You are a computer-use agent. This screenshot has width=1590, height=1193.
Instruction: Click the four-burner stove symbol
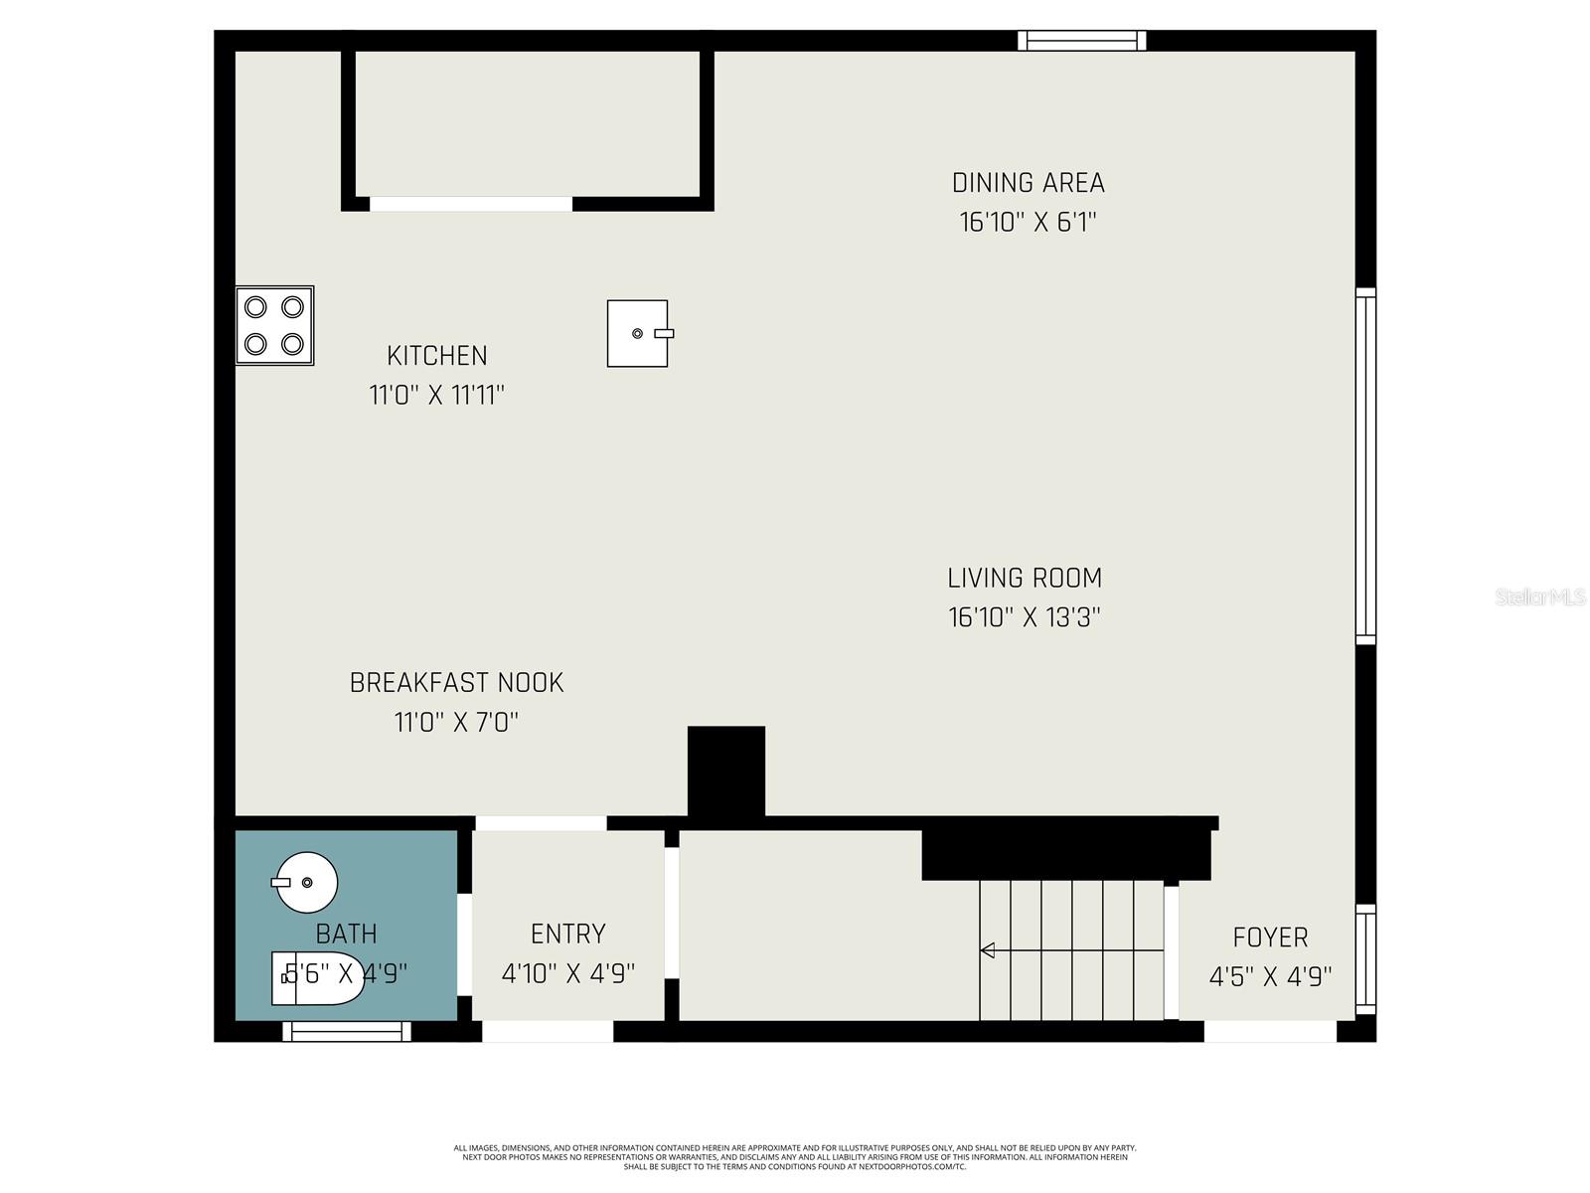274,326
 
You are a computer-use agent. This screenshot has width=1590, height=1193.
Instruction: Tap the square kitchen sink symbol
638,334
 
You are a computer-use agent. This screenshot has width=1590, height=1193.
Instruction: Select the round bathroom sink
307,882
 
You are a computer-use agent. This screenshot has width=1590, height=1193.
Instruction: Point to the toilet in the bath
317,978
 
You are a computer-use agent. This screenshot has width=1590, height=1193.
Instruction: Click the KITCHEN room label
437,356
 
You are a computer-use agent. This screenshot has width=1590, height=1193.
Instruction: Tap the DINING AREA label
1028,183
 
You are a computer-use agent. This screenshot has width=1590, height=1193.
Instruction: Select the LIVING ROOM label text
1025,578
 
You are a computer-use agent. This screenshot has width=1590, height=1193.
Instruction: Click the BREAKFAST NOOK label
456,683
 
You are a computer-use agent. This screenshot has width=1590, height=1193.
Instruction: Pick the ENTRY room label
567,935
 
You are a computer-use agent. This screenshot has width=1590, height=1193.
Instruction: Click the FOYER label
1270,937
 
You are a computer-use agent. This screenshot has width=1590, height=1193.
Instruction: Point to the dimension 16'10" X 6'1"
1028,222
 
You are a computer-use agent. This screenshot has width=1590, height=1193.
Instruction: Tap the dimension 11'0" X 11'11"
437,396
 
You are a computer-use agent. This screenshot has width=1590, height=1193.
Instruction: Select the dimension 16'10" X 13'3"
1025,617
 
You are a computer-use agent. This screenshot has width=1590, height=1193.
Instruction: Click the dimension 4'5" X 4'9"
1270,977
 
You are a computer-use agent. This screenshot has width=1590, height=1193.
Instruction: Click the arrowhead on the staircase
988,950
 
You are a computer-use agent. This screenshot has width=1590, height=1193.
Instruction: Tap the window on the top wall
1081,41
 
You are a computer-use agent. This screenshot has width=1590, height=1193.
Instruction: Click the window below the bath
347,1032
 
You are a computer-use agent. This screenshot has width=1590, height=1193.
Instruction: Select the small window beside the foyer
1366,959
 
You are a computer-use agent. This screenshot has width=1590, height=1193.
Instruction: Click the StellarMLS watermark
1539,597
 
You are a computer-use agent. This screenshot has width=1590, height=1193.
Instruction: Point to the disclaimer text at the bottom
795,1157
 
